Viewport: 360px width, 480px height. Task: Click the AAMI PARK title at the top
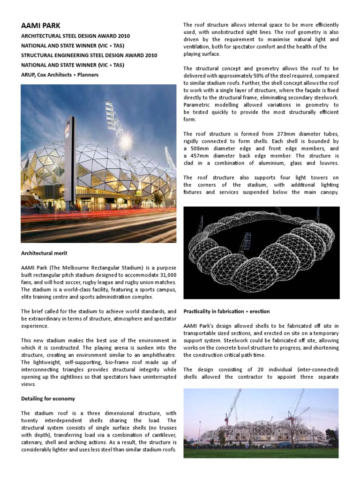click(41, 25)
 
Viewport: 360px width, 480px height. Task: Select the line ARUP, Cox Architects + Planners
click(60, 75)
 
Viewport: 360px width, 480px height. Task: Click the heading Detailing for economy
click(48, 398)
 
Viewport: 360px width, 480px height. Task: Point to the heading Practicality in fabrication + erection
click(226, 311)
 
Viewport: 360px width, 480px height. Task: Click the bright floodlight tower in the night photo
click(111, 115)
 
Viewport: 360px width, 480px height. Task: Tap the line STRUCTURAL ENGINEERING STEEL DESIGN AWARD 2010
click(89, 55)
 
